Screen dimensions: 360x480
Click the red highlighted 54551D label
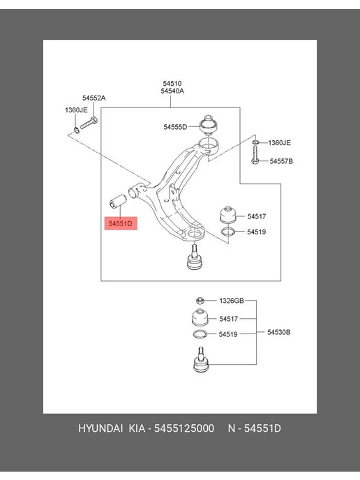121,223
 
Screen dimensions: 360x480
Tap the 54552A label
93,98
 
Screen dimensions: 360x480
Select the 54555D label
175,127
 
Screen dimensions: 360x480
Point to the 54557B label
281,161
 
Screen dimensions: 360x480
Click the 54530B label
278,332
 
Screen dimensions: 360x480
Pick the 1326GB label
232,301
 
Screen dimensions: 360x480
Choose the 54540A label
172,91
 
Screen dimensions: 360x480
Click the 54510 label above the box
172,83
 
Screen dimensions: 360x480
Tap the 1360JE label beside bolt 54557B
279,142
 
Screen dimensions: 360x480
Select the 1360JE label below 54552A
76,110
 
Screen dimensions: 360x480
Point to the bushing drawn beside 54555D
208,125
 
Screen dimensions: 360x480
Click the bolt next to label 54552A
89,123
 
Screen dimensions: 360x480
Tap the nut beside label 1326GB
200,301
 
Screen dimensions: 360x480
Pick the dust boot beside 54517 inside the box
228,216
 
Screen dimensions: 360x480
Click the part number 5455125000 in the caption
184,428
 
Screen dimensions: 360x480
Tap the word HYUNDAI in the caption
100,428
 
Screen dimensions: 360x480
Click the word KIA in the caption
137,428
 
